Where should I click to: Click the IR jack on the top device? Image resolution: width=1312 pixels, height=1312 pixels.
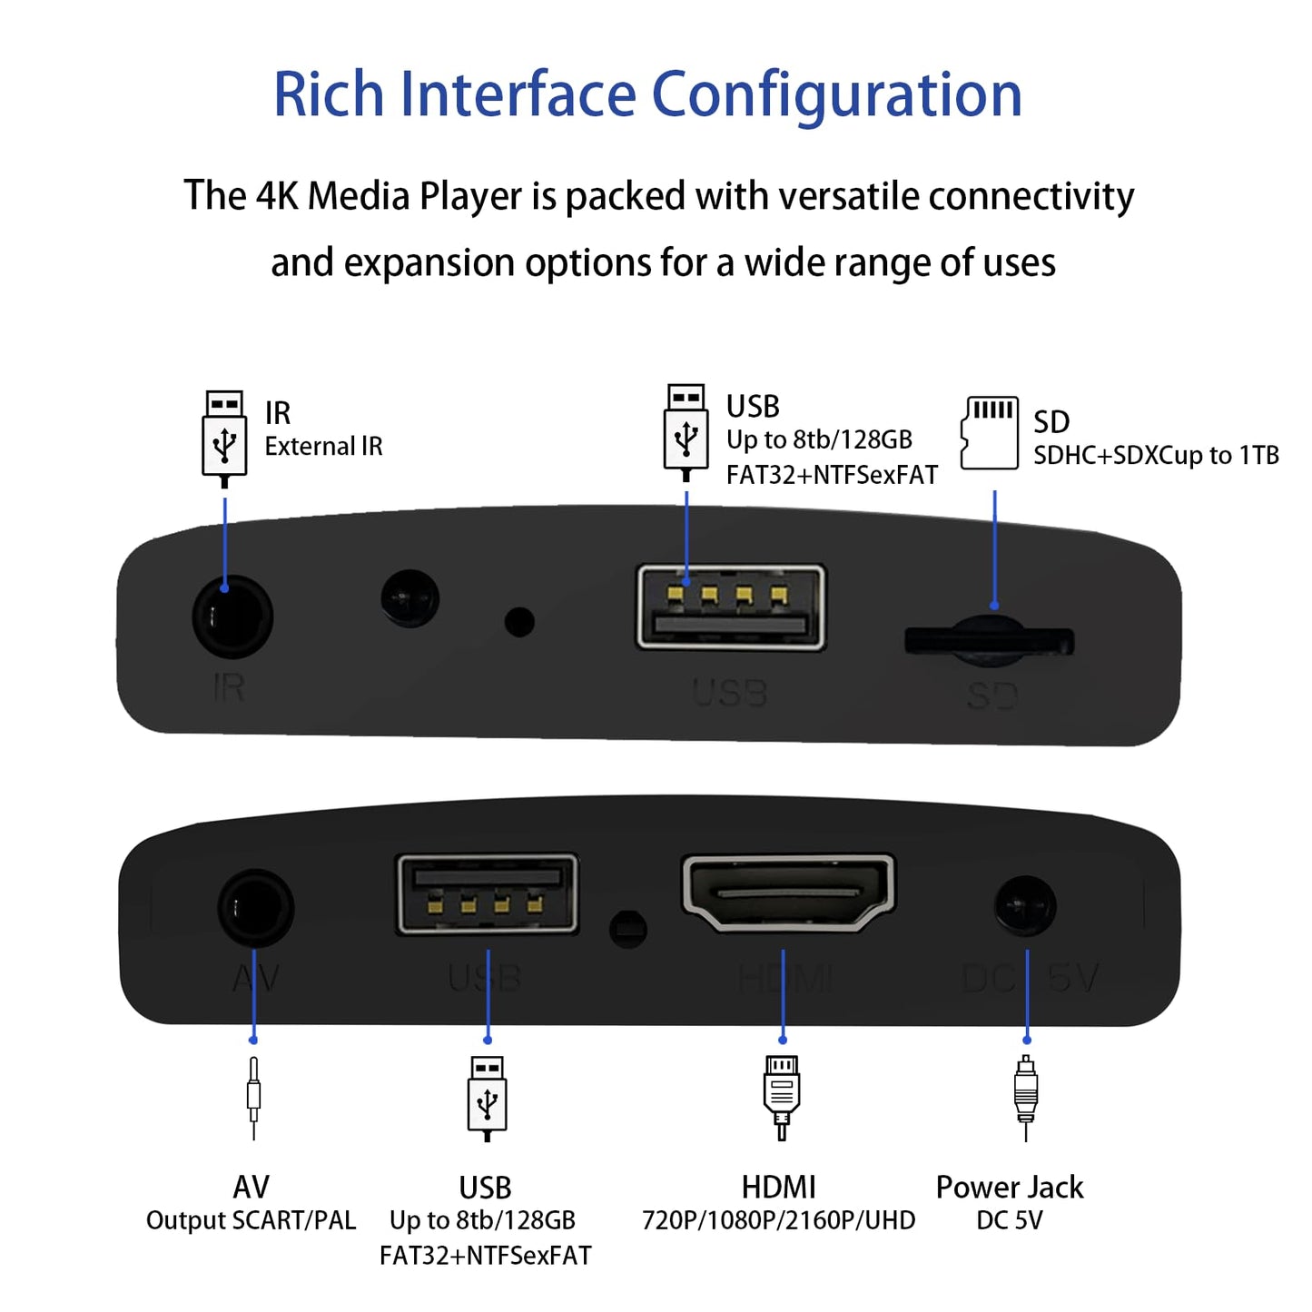[232, 617]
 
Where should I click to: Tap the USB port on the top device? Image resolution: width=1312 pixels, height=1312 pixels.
[731, 607]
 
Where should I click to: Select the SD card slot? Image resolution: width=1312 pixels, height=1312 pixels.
[990, 640]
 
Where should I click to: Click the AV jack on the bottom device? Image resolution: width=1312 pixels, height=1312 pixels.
[256, 908]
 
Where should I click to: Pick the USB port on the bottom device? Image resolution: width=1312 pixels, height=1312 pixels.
[488, 894]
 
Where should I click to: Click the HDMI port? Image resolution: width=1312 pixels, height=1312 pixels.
[787, 893]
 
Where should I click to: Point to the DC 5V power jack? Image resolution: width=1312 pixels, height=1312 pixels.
[1026, 906]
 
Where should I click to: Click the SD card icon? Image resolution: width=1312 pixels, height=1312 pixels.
[990, 433]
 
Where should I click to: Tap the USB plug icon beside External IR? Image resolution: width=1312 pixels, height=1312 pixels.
[224, 437]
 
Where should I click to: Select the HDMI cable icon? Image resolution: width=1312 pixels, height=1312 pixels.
[782, 1096]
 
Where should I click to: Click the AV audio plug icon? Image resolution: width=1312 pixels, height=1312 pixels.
[253, 1097]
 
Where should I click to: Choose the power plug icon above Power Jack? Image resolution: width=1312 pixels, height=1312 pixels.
[1026, 1097]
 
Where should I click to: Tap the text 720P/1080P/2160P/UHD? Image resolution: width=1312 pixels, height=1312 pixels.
[778, 1220]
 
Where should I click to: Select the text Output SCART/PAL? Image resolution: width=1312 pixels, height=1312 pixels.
[252, 1220]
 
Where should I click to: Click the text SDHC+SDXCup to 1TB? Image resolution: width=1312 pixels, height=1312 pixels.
[1156, 455]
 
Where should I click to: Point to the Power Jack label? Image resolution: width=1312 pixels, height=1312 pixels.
[1010, 1187]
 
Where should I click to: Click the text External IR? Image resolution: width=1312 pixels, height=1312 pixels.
[323, 447]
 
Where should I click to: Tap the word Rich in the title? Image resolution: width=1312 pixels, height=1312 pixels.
[329, 95]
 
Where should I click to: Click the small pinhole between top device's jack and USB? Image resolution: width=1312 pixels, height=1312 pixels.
[519, 622]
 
